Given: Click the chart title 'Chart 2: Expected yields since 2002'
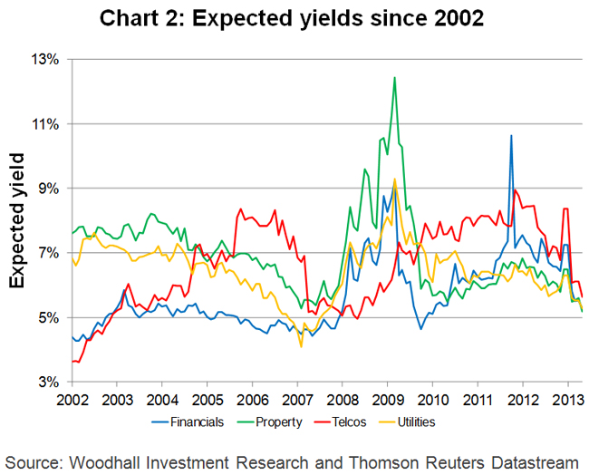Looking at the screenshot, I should tap(295, 18).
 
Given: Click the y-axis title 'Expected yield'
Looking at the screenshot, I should tap(18, 220).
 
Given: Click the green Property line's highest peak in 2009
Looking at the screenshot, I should tap(394, 78).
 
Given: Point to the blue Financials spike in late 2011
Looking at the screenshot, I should tap(511, 136).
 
